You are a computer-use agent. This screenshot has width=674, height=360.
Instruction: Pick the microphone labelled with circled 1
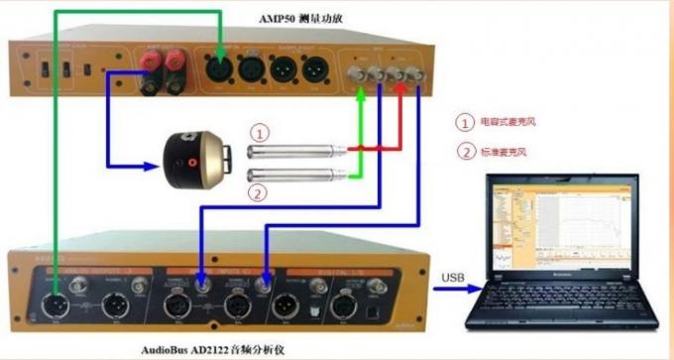[x=293, y=151]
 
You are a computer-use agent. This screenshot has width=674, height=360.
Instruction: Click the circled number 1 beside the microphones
[x=259, y=133]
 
